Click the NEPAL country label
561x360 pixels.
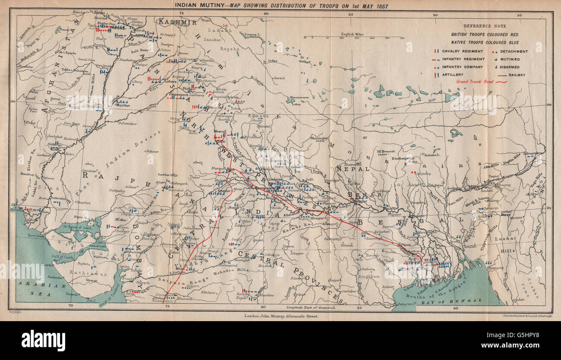(x=359, y=170)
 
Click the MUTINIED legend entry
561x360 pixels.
(x=510, y=59)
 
